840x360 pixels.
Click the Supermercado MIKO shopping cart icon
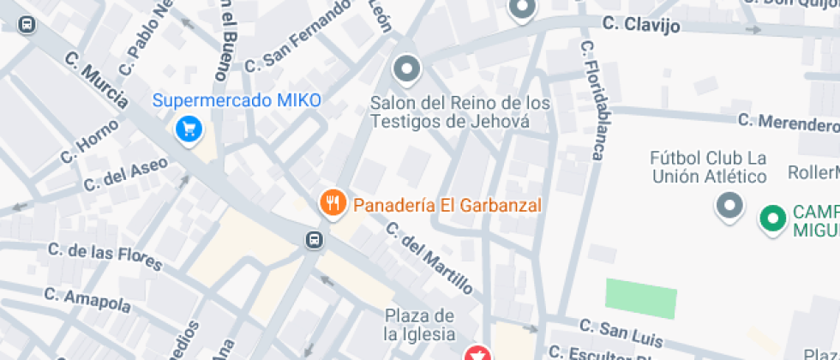coord(189,129)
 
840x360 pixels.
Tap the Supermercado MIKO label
coord(237,100)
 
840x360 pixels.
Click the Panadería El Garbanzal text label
coord(447,206)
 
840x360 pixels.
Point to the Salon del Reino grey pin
coord(406,69)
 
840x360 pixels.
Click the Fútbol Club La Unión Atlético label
coord(708,168)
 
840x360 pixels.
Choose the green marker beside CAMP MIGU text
coord(773,218)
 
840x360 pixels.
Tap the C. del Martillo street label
coord(429,256)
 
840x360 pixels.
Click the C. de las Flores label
coord(105,256)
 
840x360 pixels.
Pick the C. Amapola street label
coord(87,300)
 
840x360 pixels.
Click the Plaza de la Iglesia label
coord(419,324)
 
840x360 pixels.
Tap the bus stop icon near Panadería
coord(315,239)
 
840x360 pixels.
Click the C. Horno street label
coord(84,143)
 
